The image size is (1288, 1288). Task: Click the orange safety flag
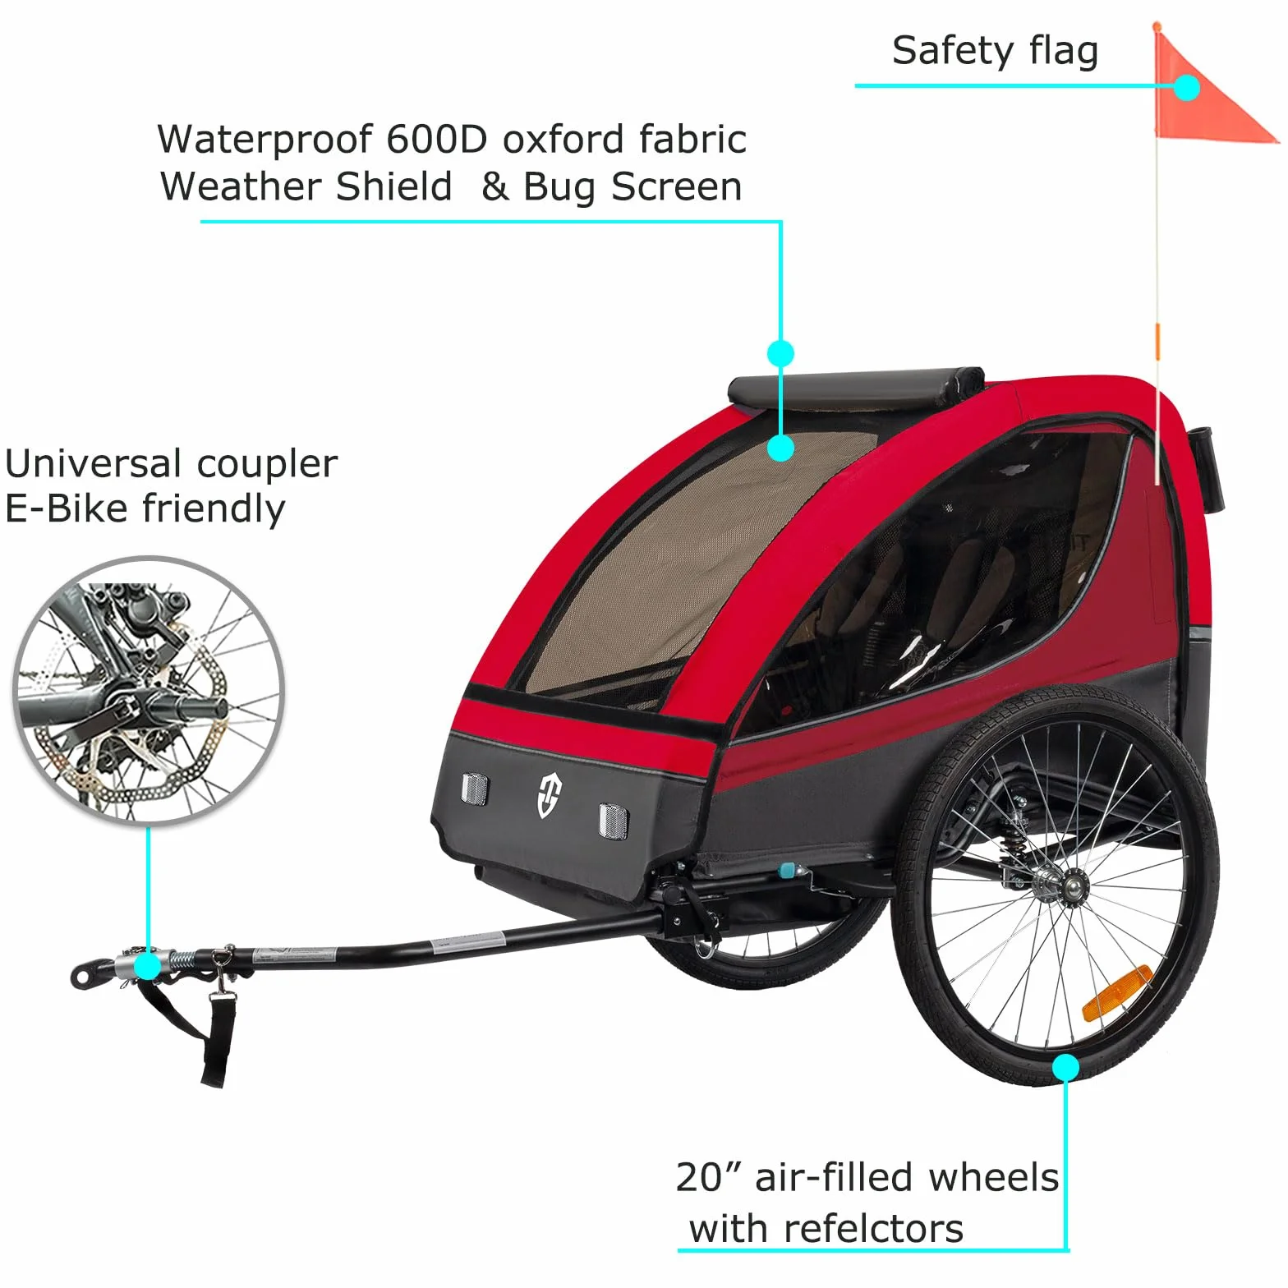(x=1207, y=90)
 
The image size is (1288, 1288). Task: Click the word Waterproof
(x=265, y=140)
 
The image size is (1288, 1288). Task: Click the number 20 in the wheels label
(x=699, y=1177)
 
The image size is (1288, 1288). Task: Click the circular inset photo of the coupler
(x=149, y=691)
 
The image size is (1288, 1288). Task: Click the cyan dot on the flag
(x=1185, y=87)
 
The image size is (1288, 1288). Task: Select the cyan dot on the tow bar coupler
(x=148, y=966)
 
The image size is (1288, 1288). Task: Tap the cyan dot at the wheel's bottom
(x=1065, y=1067)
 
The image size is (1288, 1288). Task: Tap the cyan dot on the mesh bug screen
(x=780, y=448)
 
